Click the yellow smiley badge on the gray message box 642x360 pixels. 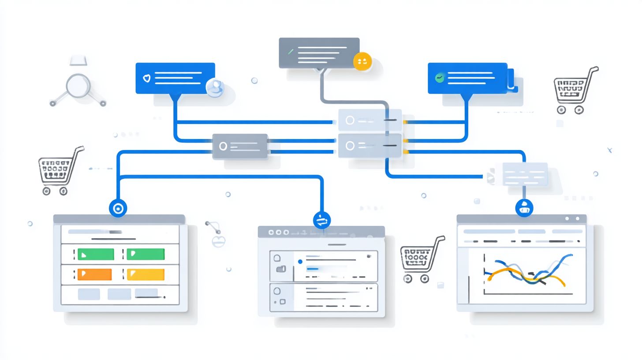click(x=362, y=61)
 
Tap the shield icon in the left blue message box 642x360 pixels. click(x=147, y=78)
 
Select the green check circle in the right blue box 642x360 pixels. click(x=439, y=78)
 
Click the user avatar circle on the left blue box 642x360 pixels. click(x=215, y=87)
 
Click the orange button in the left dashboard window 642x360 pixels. click(x=94, y=274)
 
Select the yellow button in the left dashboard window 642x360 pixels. click(x=146, y=274)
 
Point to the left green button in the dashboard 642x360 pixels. click(x=96, y=254)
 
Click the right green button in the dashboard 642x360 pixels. click(x=146, y=254)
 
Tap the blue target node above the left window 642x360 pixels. click(x=118, y=208)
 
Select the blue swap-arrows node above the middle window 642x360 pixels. click(x=321, y=220)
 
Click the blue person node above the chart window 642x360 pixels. click(x=524, y=208)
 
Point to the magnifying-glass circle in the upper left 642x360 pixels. click(x=78, y=86)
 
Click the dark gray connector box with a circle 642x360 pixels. click(x=240, y=146)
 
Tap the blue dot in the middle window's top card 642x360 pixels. click(x=300, y=262)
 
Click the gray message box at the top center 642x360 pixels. click(x=319, y=53)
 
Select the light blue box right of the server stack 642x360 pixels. click(x=525, y=174)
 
